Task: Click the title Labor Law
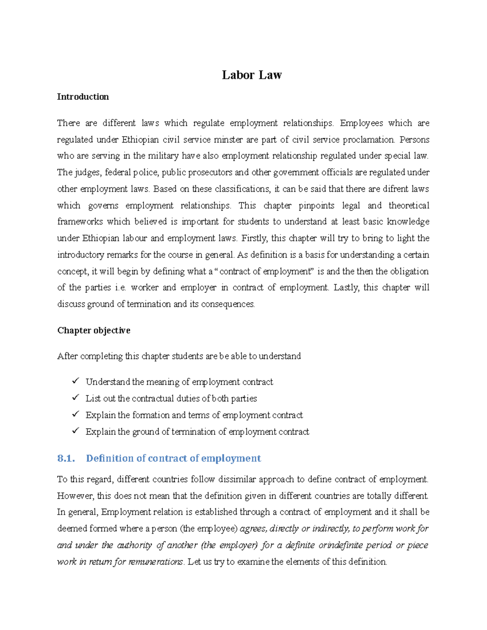[252, 75]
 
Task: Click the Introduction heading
[83, 97]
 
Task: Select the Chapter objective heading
[94, 330]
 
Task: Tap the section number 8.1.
[66, 458]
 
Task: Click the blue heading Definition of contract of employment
[173, 458]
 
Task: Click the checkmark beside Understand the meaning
[75, 381]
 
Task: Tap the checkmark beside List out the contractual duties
[75, 398]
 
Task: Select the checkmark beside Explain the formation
[75, 415]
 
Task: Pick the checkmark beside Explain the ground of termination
[75, 431]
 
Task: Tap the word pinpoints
[316, 206]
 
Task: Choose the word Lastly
[346, 288]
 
